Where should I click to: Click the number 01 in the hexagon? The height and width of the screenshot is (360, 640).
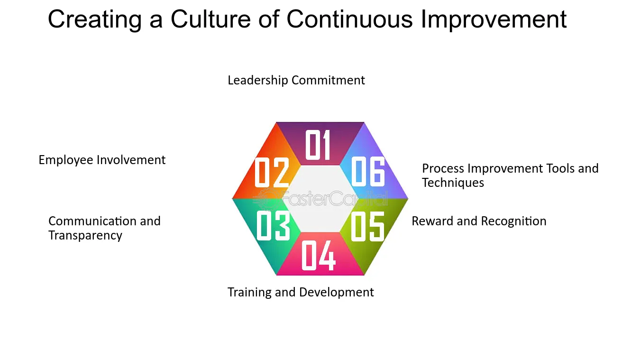click(318, 144)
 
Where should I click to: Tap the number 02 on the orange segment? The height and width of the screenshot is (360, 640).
click(272, 173)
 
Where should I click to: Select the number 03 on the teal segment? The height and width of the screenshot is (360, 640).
click(274, 225)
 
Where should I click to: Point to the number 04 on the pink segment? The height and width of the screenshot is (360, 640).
click(318, 255)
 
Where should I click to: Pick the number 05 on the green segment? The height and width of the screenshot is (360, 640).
click(367, 227)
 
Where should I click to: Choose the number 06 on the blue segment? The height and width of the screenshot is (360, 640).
click(368, 172)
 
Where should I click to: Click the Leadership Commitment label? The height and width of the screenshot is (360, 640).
click(296, 80)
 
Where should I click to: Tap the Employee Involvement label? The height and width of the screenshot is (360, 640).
click(102, 160)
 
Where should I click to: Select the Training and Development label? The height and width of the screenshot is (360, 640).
click(301, 292)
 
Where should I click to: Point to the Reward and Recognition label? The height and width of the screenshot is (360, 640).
click(479, 222)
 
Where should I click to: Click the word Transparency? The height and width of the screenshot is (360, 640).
click(85, 236)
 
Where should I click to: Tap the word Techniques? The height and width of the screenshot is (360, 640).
click(453, 183)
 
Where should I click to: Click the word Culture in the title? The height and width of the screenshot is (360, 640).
click(210, 19)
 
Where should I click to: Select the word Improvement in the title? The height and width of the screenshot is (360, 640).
click(494, 20)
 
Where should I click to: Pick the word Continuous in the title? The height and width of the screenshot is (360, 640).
click(349, 19)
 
